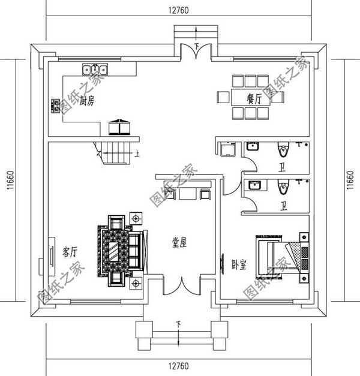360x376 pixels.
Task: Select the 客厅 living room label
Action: click(x=70, y=252)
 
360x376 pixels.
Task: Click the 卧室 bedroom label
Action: click(x=239, y=264)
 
